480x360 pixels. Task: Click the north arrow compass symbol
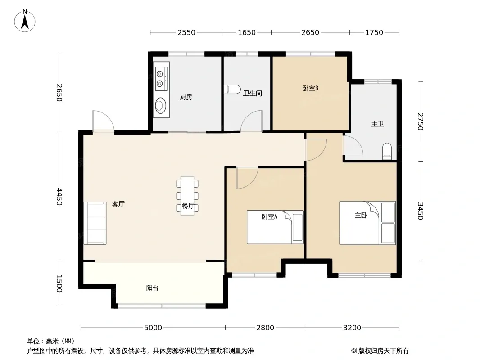pos(25,21)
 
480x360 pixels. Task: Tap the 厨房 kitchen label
pos(186,97)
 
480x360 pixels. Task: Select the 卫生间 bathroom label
pos(253,93)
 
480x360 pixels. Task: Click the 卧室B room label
pos(310,88)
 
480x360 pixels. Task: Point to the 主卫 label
pos(377,124)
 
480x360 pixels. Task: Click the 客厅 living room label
pos(118,204)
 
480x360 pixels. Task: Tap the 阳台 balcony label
pos(152,288)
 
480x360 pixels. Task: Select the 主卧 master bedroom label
pos(361,216)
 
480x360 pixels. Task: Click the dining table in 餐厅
pos(187,196)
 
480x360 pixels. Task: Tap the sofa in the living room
pos(95,223)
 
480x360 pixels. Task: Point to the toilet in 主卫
pos(387,151)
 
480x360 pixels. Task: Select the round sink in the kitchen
pos(160,105)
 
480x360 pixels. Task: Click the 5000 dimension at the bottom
pos(153,328)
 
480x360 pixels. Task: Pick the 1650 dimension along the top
pos(247,32)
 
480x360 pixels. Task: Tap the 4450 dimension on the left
pos(59,197)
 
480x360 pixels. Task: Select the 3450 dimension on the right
pos(421,211)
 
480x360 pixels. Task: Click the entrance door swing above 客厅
pos(104,121)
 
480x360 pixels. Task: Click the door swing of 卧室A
pos(247,178)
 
